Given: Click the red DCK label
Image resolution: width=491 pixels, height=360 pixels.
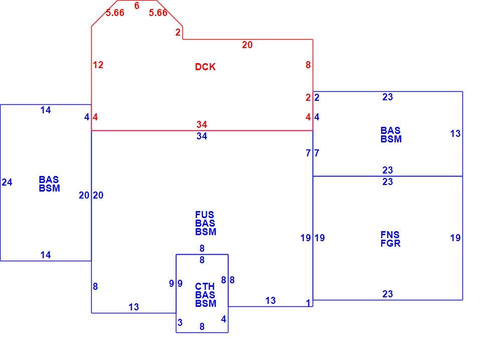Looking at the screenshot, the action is point(205,67).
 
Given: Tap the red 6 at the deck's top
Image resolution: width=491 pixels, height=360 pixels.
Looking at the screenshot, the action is point(136,6).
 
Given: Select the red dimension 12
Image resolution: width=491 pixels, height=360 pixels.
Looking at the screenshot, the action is point(98,65).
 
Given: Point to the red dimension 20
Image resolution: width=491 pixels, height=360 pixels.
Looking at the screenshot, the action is point(247,45).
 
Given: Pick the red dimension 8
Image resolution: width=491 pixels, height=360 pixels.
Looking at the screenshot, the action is point(308,65).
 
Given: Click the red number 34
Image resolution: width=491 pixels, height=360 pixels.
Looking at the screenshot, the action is point(201,124).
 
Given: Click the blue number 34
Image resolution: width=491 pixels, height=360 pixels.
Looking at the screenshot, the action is point(201,136).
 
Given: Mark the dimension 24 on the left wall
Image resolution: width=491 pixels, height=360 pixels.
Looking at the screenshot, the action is point(7,182).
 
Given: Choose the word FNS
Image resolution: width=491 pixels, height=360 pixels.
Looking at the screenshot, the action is point(390,235).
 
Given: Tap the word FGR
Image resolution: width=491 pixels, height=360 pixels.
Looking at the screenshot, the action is point(390,243).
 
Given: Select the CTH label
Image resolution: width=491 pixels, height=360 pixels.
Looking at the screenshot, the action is point(205,286).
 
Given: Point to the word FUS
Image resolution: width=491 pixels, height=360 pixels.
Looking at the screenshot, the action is point(204,215).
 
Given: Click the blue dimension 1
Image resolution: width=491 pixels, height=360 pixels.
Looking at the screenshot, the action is point(309,303).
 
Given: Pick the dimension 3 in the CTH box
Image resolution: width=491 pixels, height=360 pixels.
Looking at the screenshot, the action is point(180,322).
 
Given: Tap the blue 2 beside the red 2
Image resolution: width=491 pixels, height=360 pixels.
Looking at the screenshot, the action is point(317,97).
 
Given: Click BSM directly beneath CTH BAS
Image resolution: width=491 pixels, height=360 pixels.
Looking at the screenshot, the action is point(206,303).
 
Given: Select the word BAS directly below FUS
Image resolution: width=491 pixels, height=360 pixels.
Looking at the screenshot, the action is point(205,223).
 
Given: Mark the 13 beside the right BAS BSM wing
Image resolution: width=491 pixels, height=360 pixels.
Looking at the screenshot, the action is point(455,134).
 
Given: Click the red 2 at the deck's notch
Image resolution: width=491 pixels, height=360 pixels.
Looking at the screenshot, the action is point(178,32).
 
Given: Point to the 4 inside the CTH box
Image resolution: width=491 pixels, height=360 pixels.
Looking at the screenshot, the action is point(223,319).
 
